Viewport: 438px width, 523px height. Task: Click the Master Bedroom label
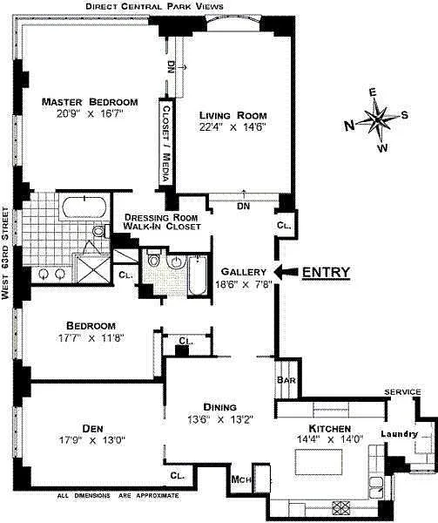coord(90,102)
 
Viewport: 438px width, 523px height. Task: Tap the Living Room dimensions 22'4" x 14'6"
coord(232,127)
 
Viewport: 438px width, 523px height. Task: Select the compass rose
coord(377,119)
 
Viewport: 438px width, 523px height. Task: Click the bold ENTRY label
coord(326,272)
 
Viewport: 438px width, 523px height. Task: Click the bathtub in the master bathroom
coord(84,207)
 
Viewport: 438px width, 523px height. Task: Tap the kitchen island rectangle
coord(319,462)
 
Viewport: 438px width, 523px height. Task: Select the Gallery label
coord(244,272)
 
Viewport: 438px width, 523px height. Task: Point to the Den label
coord(92,428)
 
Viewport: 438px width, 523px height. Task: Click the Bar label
coord(286,379)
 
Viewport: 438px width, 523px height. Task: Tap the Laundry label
coord(399,434)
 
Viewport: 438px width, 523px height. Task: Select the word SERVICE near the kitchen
coord(402,392)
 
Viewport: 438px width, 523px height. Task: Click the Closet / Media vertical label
coord(166,144)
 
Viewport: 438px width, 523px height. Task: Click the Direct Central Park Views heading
coord(154,6)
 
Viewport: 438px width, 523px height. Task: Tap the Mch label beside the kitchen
coord(241,479)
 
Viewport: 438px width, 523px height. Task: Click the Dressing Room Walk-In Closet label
coord(162,221)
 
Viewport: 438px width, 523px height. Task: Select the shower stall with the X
coord(93,268)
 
